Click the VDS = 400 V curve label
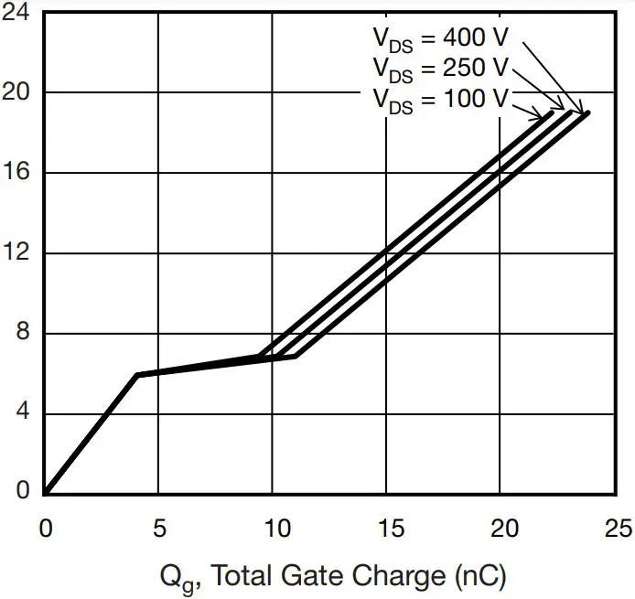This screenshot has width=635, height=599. [x=439, y=37]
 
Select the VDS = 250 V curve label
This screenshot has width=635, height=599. [x=439, y=68]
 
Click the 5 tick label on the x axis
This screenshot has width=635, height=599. [x=158, y=529]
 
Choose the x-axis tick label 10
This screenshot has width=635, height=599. [x=273, y=529]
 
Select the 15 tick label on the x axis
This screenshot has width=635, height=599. [x=386, y=529]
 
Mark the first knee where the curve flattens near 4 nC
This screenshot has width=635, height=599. [x=136, y=375]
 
